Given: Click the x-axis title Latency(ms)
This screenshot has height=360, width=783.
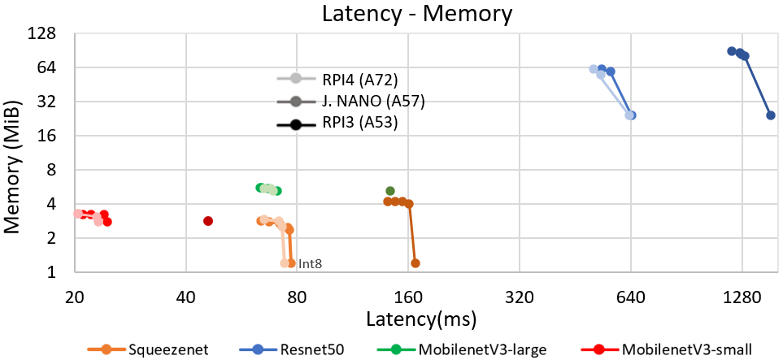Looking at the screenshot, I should [420, 317].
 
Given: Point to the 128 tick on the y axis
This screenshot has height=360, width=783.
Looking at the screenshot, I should [41, 34].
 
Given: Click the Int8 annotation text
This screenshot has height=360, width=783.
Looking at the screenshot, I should [311, 263].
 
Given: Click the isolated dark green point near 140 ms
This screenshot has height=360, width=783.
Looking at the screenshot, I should [390, 191].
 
